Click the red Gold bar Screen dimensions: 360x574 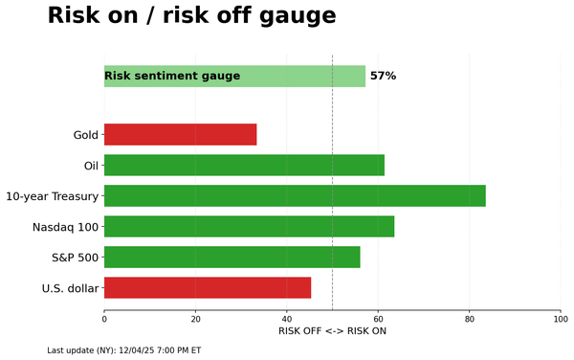[x=180, y=134]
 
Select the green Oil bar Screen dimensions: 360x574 [x=244, y=165]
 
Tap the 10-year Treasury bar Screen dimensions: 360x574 [x=295, y=195]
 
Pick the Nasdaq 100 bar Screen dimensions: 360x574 [x=249, y=226]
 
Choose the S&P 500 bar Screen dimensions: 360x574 [x=232, y=257]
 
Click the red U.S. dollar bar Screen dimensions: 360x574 [x=208, y=287]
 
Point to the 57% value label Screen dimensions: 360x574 [x=383, y=76]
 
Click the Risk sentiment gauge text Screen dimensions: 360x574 [x=172, y=76]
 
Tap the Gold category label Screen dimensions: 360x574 [x=85, y=135]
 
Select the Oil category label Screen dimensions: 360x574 [x=91, y=166]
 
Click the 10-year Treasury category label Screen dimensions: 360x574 [x=52, y=196]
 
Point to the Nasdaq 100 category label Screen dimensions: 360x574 [x=65, y=227]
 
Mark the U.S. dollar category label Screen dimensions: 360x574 [x=70, y=288]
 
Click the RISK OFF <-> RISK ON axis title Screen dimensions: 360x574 [x=332, y=331]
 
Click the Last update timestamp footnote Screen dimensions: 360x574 [x=123, y=350]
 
